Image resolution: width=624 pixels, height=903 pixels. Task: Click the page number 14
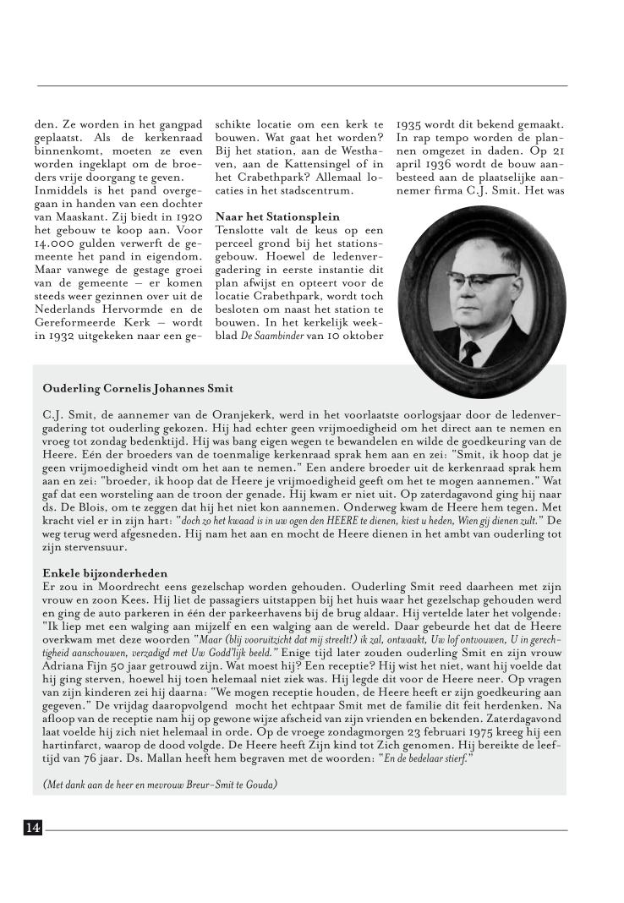33,828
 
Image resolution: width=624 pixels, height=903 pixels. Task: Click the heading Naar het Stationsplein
265,216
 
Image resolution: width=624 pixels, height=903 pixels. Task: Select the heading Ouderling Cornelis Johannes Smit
138,389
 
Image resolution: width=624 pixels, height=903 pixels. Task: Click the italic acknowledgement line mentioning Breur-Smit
159,784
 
